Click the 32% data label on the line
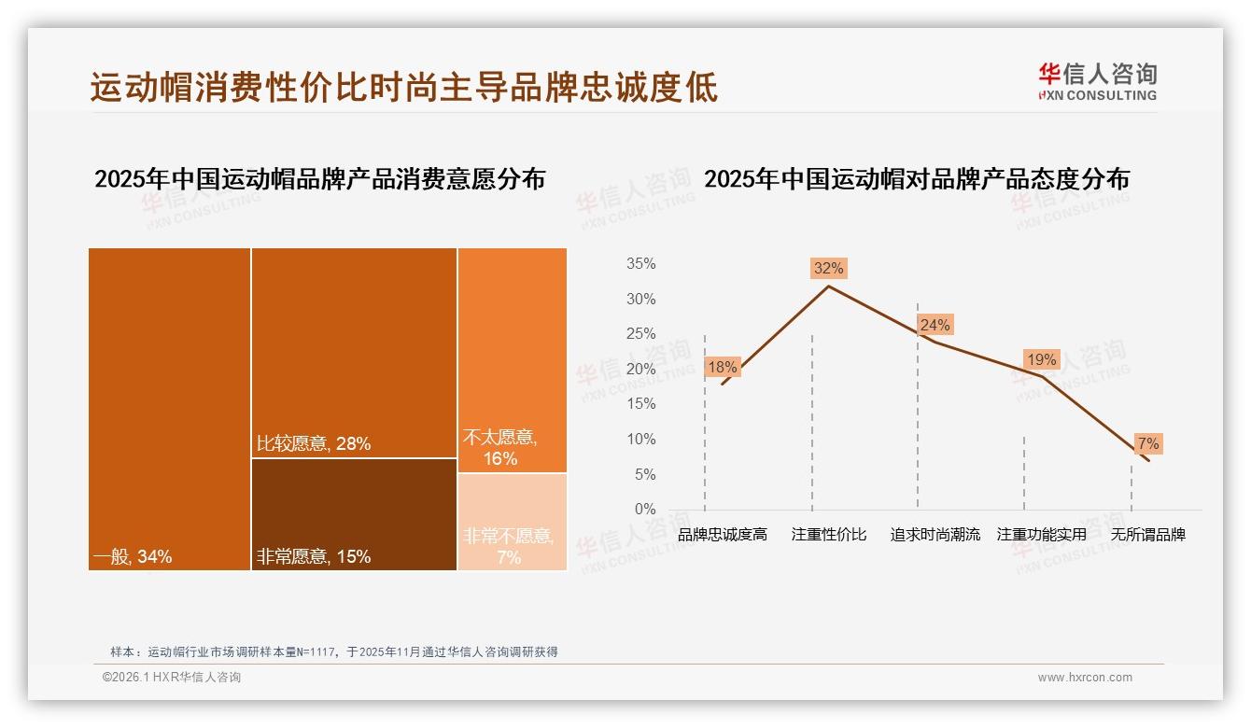click(828, 269)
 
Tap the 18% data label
click(722, 367)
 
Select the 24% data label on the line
click(935, 325)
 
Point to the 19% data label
click(1041, 359)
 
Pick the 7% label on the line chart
click(1147, 443)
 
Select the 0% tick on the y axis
click(645, 510)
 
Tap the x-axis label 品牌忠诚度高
click(722, 535)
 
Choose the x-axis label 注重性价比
click(829, 535)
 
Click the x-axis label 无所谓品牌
click(1147, 535)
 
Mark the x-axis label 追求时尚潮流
click(935, 535)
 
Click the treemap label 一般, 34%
click(133, 557)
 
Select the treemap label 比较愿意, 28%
click(314, 444)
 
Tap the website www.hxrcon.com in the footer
click(1085, 678)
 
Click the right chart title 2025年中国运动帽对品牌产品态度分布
click(916, 178)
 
